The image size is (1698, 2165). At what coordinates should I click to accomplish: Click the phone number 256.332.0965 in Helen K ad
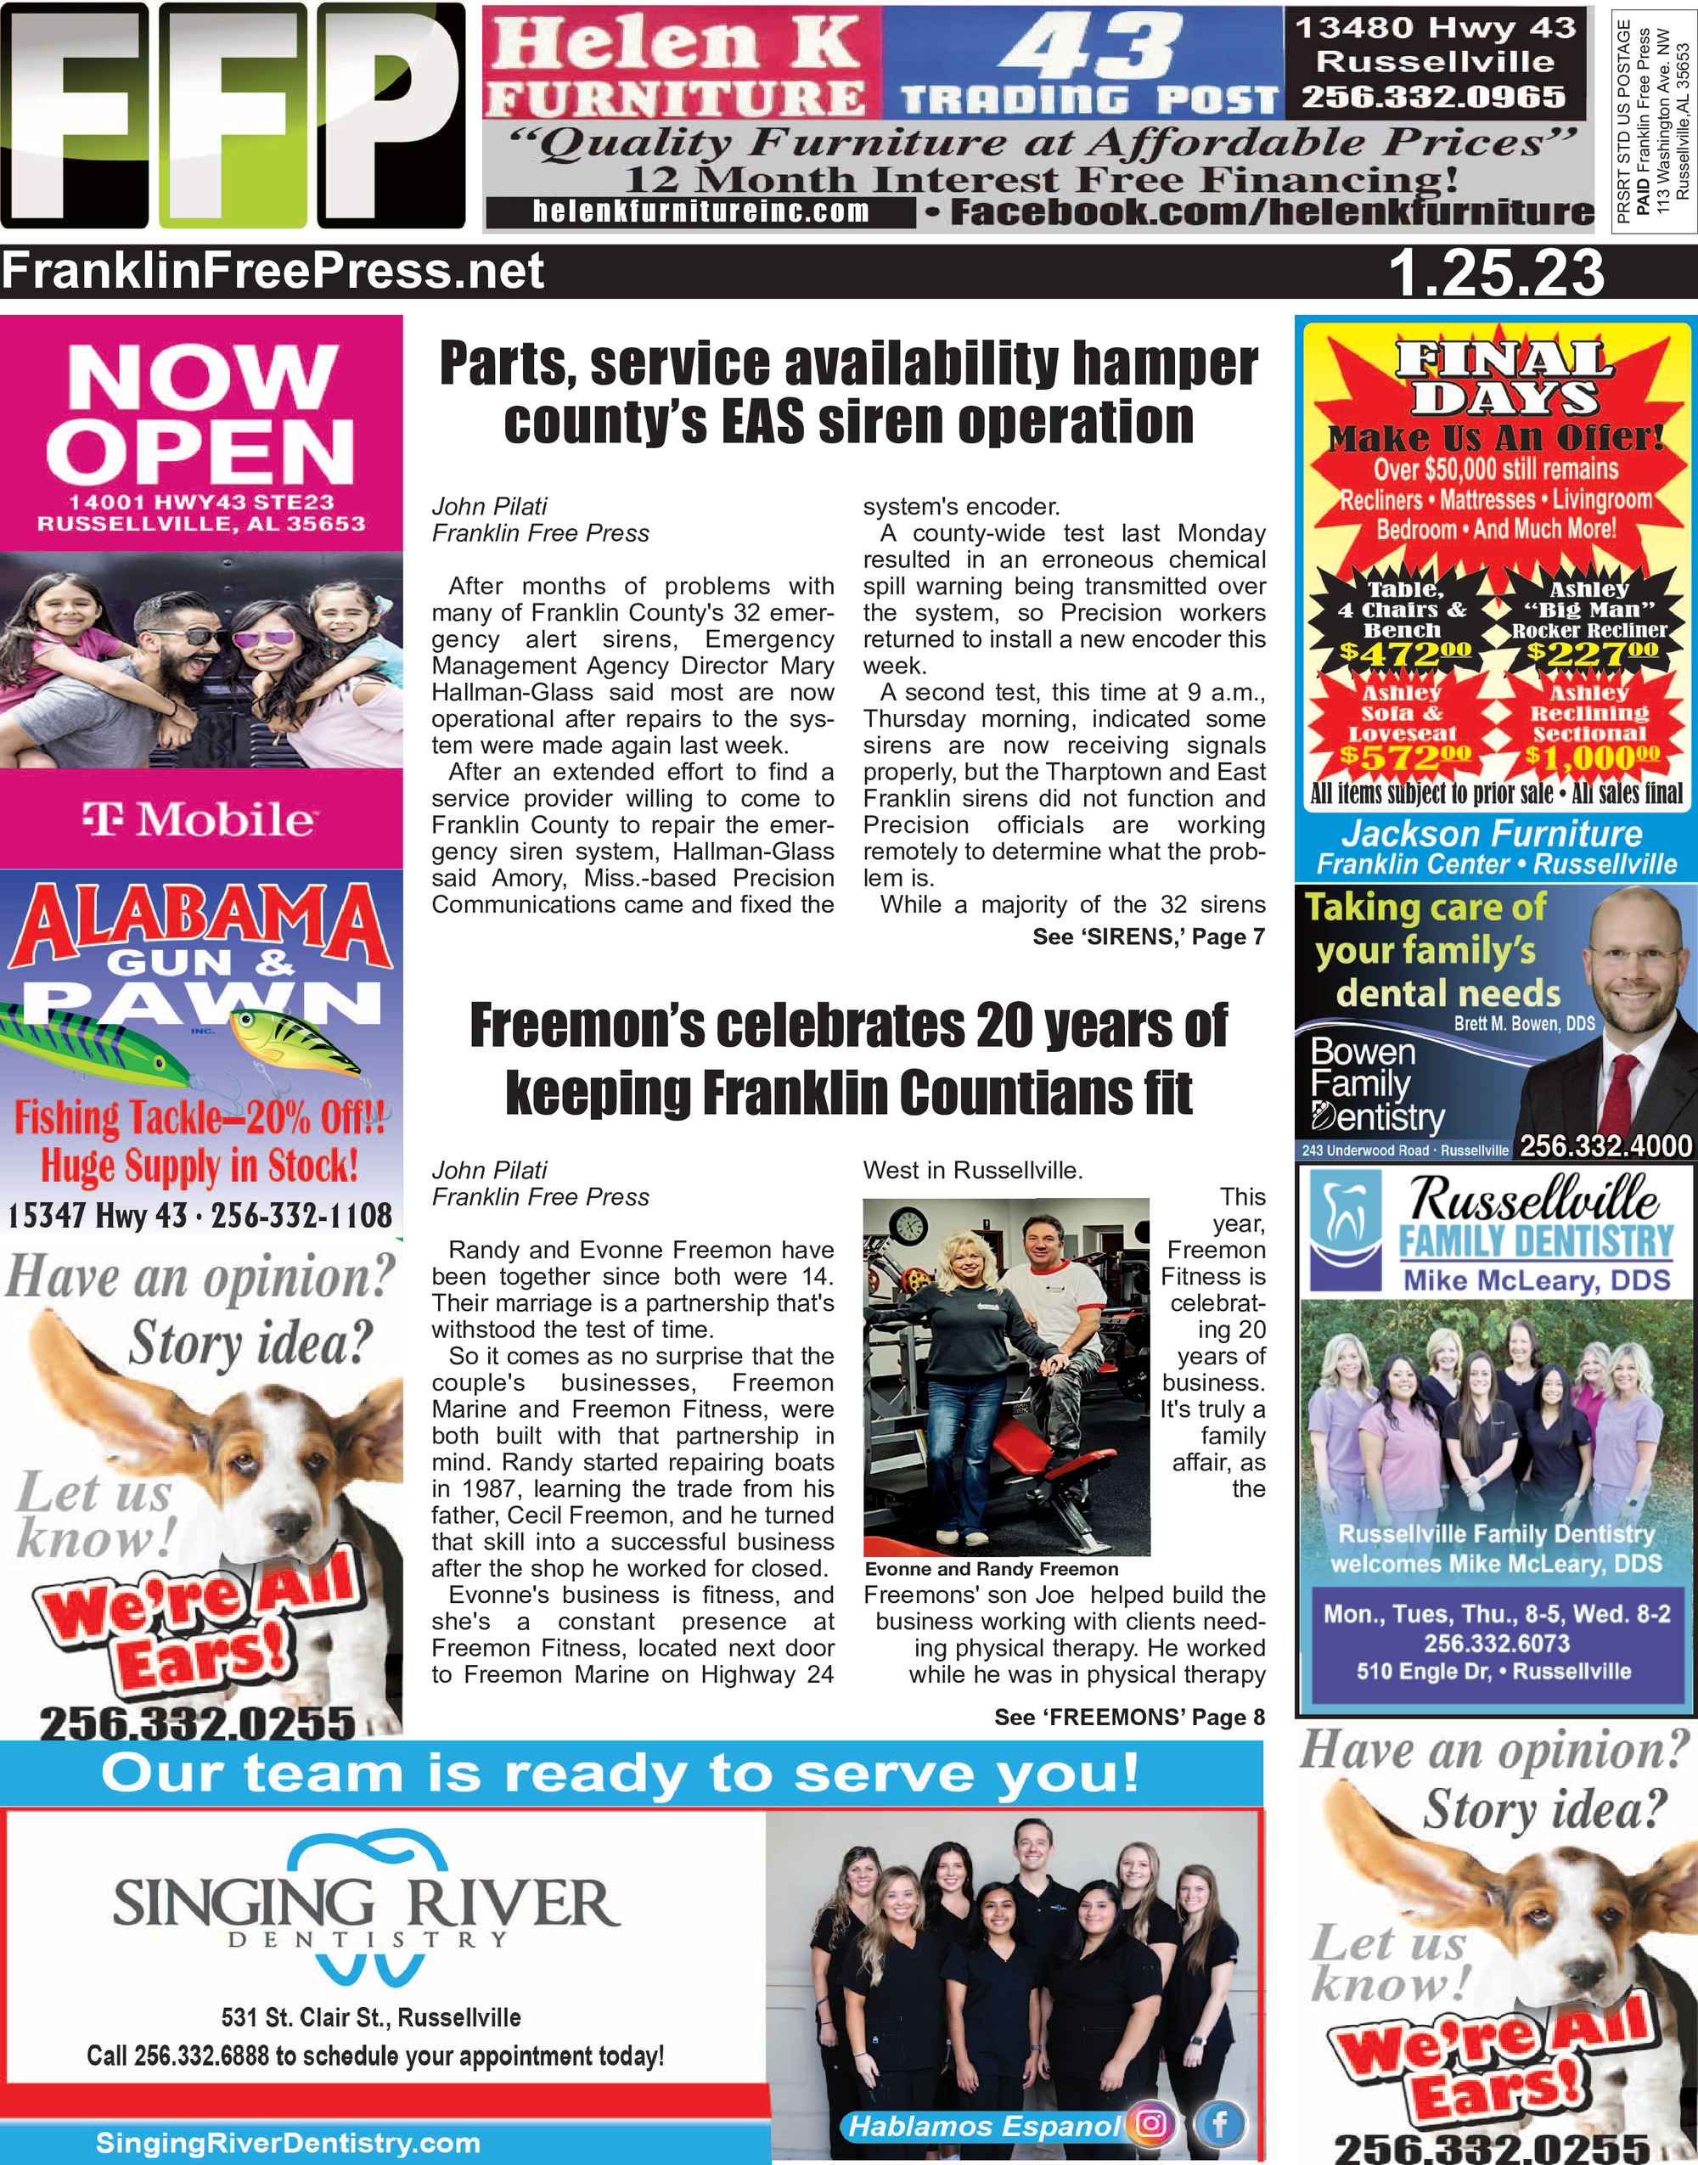[1434, 98]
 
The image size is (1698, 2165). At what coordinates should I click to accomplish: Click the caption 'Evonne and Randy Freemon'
[991, 1570]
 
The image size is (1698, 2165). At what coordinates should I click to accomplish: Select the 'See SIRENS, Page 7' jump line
[1148, 936]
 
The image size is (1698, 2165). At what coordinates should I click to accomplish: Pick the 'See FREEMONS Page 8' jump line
[1129, 1718]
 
